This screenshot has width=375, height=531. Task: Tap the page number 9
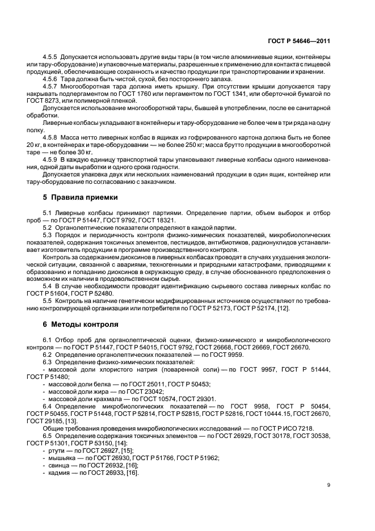click(x=329, y=484)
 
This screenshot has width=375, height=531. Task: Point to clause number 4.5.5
click(x=52, y=59)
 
